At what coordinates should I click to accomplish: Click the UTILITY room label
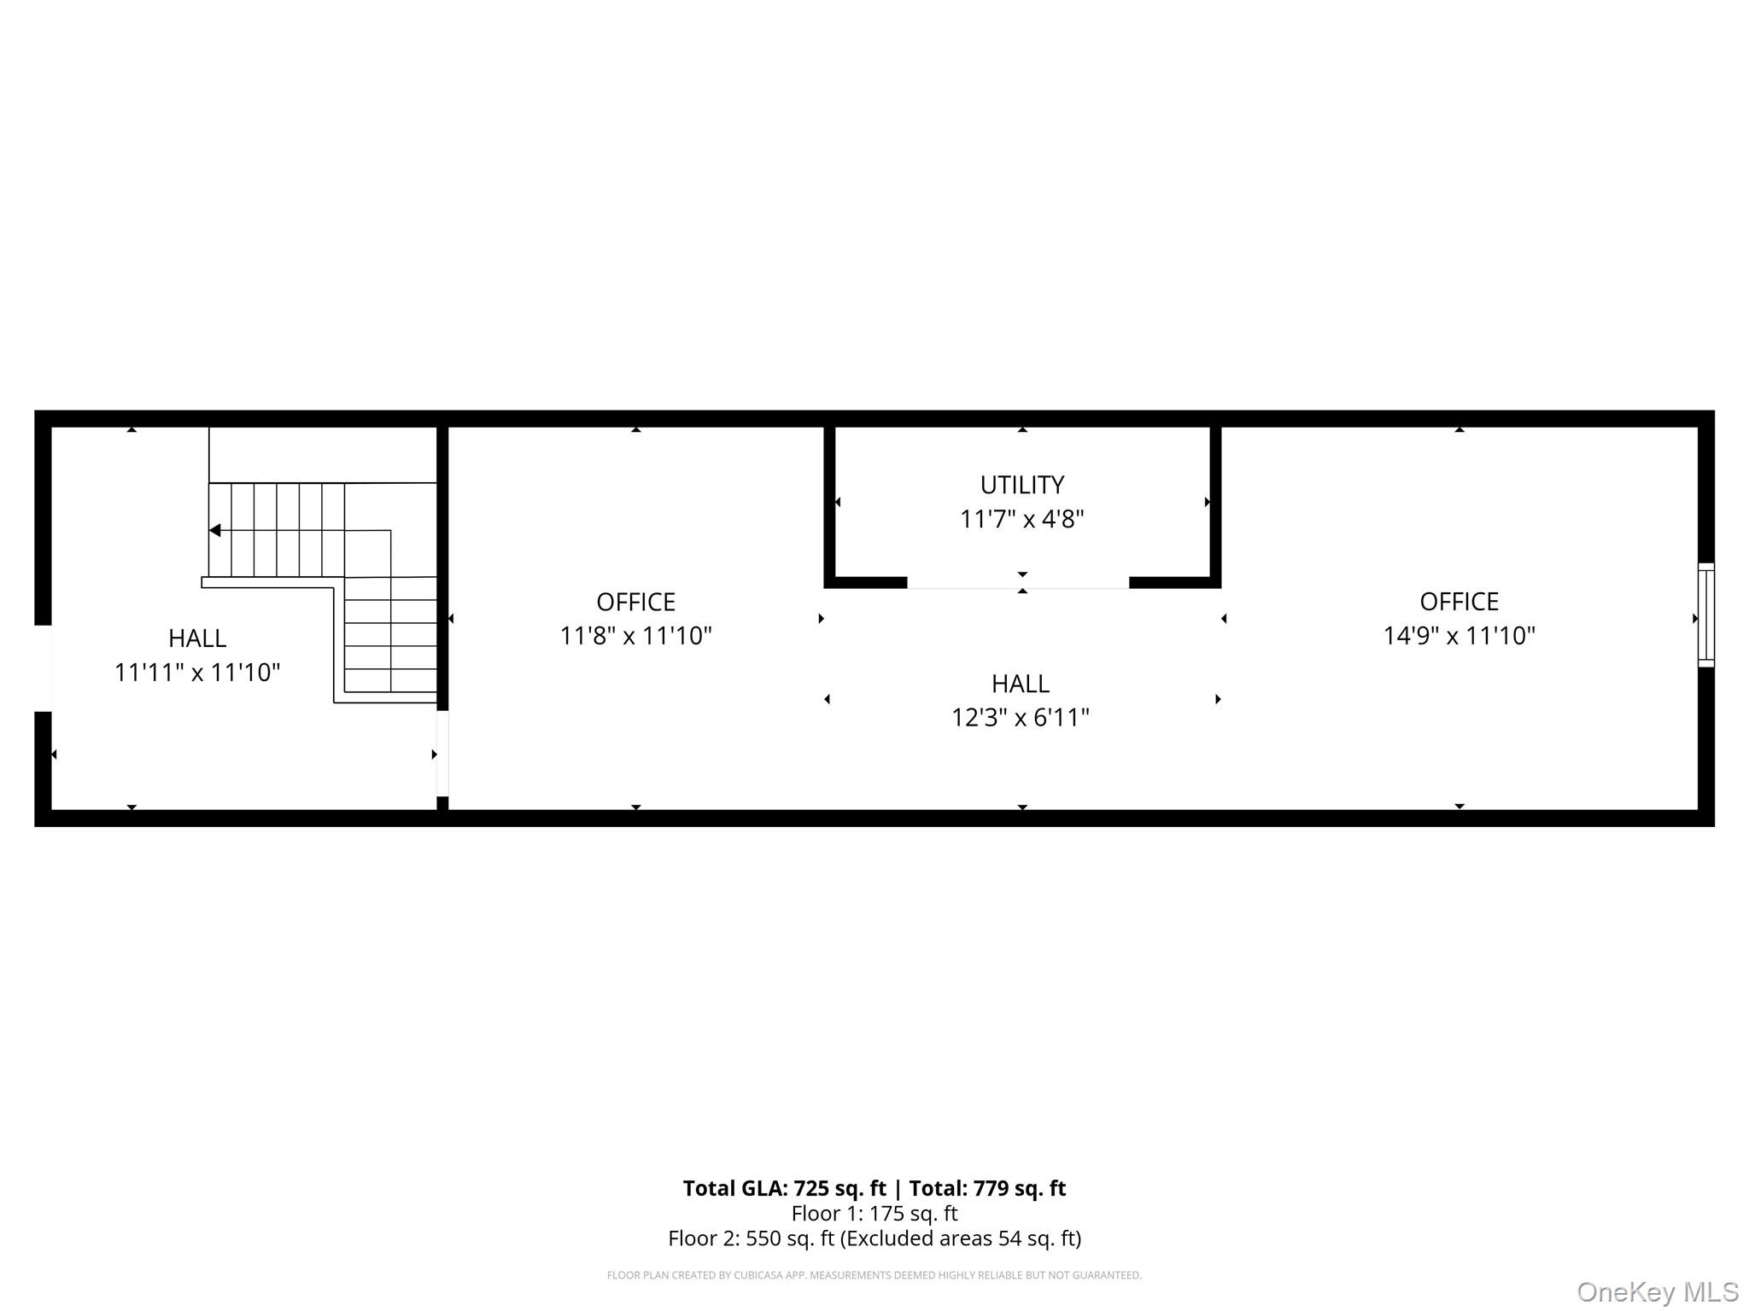tap(1021, 485)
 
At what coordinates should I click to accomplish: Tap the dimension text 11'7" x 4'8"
tap(1021, 519)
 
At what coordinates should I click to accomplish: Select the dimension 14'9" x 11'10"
tap(1459, 636)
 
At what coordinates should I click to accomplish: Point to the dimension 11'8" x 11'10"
tap(635, 636)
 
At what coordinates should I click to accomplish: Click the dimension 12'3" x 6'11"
tap(1021, 718)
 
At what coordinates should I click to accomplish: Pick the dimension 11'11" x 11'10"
tap(197, 673)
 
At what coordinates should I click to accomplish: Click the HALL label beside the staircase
tap(197, 638)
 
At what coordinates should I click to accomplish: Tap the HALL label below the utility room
tap(1021, 684)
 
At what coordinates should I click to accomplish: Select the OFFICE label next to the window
tap(1459, 602)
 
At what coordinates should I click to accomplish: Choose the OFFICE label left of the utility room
tap(635, 602)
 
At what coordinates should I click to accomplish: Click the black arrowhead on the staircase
tap(215, 530)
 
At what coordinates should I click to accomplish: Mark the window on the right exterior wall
tap(1705, 615)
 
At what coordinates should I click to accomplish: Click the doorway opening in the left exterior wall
tap(43, 668)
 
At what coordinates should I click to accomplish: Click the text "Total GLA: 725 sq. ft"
tap(784, 1188)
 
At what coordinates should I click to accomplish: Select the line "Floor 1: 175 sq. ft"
tap(874, 1213)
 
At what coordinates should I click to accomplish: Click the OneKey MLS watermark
tap(1657, 1291)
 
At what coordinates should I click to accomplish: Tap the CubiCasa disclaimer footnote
tap(874, 1275)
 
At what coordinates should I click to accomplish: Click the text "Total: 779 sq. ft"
tap(987, 1188)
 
